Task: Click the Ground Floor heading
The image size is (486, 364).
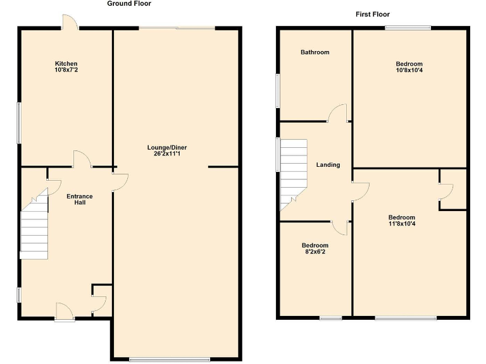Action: point(129,4)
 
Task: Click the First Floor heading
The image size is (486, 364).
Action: point(372,14)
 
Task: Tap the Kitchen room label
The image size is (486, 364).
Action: point(66,66)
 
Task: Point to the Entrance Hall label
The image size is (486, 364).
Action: point(80,200)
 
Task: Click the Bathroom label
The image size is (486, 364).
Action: point(315,52)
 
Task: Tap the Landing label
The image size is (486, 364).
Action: point(328,165)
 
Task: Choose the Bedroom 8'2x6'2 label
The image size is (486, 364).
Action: point(315,248)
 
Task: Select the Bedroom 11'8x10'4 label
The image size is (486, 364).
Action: point(402,221)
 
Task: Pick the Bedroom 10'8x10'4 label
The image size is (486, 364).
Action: point(409,67)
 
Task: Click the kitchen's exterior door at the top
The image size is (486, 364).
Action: point(69,22)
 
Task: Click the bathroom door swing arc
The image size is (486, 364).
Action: point(337,112)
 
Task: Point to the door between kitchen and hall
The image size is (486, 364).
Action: point(82,160)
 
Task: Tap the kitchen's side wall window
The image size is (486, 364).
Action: point(19,123)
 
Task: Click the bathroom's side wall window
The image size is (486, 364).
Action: point(277,91)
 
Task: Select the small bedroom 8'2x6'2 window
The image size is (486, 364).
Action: point(330,318)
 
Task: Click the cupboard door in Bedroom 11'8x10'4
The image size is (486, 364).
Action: point(445,192)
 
